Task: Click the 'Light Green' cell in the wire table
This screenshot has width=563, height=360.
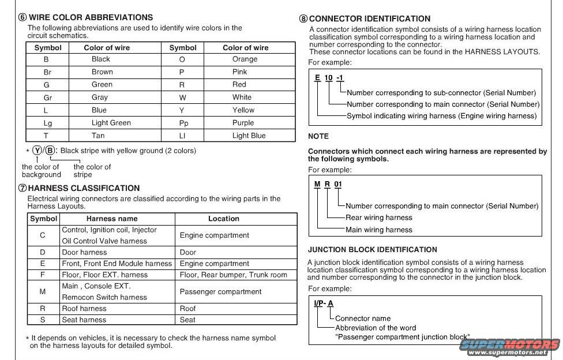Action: pos(111,123)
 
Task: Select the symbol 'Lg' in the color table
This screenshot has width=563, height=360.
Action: pos(47,123)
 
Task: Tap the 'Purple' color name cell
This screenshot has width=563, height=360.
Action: pos(243,123)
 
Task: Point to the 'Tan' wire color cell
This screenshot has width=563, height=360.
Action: pos(98,136)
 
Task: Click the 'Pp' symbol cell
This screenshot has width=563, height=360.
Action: pos(183,123)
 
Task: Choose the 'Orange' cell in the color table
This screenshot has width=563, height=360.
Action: pos(245,59)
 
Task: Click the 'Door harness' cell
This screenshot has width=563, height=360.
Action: pos(84,252)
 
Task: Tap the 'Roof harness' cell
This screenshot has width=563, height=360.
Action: pos(84,309)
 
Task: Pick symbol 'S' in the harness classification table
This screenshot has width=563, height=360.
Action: pos(43,320)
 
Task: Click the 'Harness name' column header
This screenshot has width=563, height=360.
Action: pos(112,219)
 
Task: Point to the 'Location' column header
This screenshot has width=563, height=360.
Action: pos(223,219)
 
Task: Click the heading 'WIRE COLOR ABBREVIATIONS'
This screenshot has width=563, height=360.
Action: pos(91,17)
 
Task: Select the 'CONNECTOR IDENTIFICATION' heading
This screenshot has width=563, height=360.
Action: pos(369,18)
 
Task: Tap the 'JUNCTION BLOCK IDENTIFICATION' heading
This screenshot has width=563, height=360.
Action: pos(372,250)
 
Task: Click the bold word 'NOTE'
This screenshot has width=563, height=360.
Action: pos(318,136)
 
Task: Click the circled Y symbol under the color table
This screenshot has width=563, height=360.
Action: pos(37,151)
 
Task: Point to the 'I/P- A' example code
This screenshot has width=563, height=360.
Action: pos(324,303)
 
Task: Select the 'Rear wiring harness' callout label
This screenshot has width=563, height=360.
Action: pos(378,217)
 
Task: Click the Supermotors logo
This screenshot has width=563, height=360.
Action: pos(510,346)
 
